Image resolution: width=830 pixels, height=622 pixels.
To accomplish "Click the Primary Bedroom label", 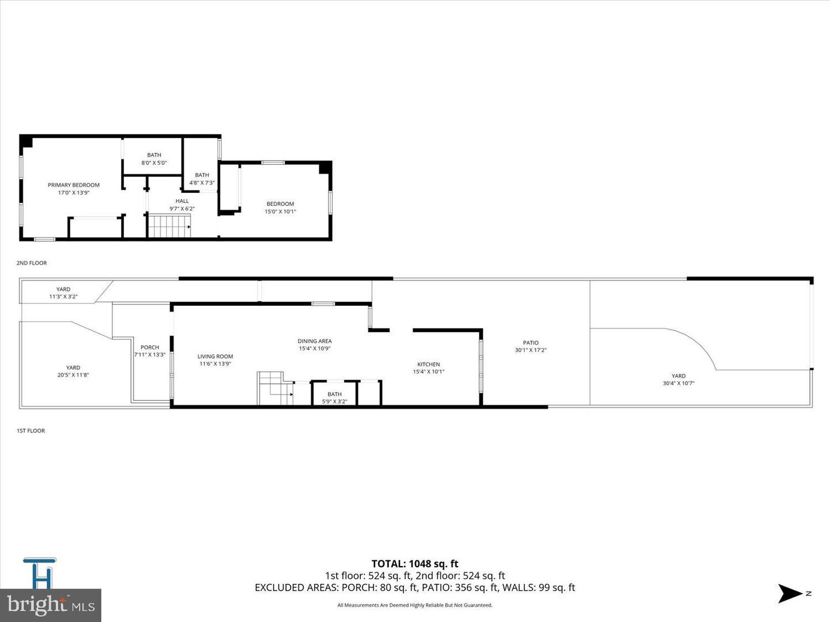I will tap(74, 185).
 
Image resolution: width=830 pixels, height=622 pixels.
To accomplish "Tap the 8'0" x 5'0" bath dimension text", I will tap(154, 163).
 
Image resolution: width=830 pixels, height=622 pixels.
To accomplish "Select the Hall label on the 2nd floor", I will tap(182, 201).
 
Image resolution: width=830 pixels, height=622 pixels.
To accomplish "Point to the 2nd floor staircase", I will tap(169, 226).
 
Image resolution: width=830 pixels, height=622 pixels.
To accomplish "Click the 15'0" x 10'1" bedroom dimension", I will tap(280, 211).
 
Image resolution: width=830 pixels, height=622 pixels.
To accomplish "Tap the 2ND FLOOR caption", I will tap(32, 263).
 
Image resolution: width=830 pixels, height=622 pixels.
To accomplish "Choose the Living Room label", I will tap(216, 356).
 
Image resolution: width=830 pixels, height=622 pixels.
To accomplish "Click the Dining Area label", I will tap(315, 341).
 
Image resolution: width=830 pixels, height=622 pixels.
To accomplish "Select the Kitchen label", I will tap(429, 364).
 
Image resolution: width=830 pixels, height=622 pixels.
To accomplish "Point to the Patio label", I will tap(531, 343).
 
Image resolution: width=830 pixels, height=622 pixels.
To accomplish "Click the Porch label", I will tap(150, 347).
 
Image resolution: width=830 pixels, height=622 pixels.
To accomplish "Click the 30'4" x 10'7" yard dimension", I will tap(678, 383).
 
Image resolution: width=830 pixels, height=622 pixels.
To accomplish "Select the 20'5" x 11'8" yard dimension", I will tap(73, 375).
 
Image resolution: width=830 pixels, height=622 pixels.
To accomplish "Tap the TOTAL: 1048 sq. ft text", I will tap(415, 564).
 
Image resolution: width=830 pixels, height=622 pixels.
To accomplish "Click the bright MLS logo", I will tap(51, 605).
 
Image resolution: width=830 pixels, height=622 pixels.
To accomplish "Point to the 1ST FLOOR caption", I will tap(31, 431).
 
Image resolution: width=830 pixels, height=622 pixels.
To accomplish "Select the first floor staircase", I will tap(274, 388).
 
